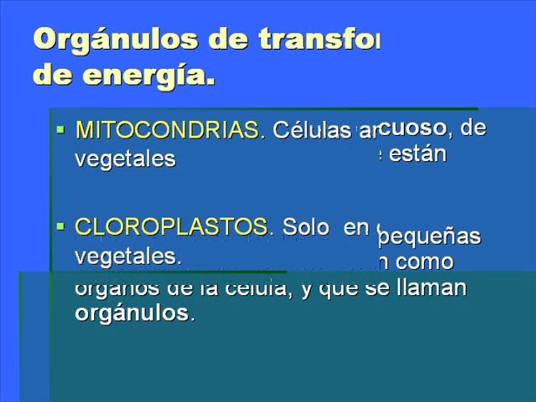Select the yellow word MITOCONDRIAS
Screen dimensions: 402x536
(167, 131)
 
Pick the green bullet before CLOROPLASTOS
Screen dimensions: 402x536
(61, 226)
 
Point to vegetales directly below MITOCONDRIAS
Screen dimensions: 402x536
(125, 159)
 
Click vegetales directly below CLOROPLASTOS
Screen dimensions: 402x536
(128, 256)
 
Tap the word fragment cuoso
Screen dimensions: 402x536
(414, 128)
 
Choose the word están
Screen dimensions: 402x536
(418, 154)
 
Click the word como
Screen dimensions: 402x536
(425, 262)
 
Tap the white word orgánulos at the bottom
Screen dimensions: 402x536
(134, 313)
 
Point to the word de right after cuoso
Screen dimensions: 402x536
(473, 128)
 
